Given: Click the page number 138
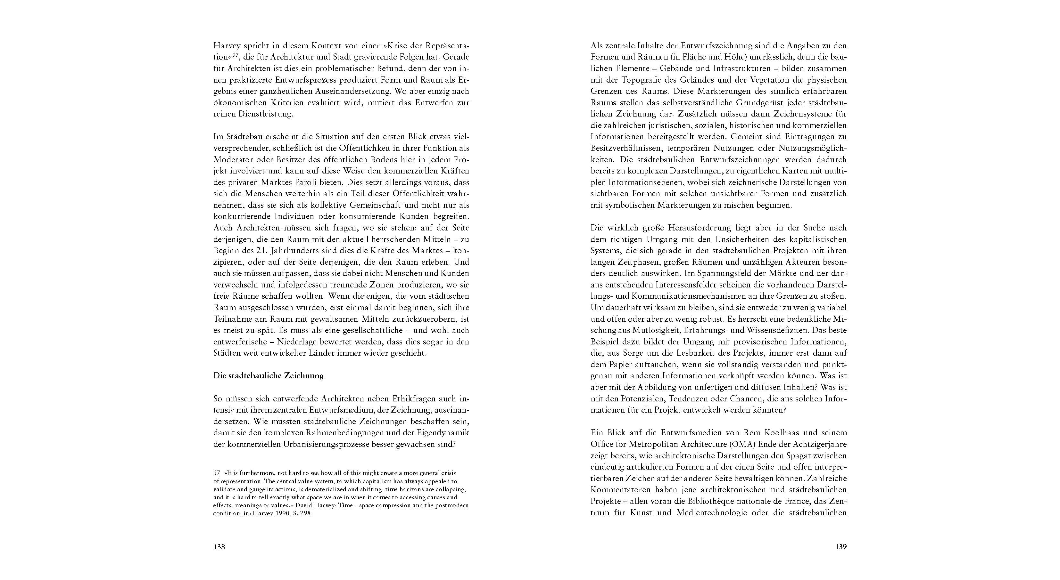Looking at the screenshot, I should coord(219,547).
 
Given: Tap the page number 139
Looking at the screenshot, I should coord(841,547).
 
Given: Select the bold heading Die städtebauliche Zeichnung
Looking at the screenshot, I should coord(268,376).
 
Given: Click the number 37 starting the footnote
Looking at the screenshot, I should coord(217,473).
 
